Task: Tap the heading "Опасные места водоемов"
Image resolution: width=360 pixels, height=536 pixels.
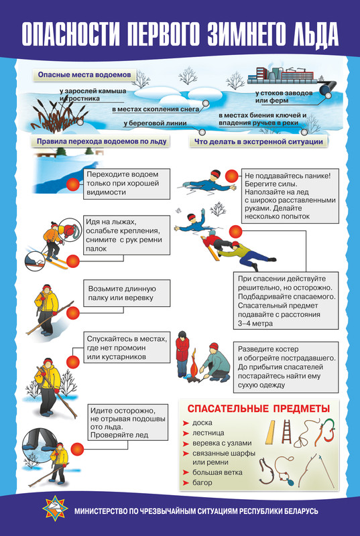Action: (x=84, y=75)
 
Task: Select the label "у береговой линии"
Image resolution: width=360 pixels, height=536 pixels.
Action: (x=156, y=123)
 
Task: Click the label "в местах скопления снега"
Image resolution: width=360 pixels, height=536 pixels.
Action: (x=156, y=109)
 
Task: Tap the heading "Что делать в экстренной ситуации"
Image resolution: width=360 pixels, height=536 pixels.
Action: (x=259, y=141)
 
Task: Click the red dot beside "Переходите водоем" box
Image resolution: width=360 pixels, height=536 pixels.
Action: (x=73, y=185)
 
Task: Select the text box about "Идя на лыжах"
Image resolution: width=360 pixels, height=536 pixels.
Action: (x=127, y=235)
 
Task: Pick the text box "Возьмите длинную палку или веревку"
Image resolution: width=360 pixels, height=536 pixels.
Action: (x=127, y=293)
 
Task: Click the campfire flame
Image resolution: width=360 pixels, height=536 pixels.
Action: (x=194, y=366)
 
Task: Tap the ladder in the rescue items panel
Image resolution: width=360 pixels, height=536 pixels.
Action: (x=286, y=431)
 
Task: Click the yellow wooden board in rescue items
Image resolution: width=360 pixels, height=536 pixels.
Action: (x=270, y=432)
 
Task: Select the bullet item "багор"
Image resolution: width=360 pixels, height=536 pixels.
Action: (x=202, y=482)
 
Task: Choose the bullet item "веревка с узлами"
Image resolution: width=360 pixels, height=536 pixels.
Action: (x=222, y=443)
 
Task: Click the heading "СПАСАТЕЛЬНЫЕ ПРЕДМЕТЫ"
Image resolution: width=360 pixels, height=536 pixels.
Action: (x=259, y=409)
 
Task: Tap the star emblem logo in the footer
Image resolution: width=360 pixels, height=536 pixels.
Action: (x=55, y=509)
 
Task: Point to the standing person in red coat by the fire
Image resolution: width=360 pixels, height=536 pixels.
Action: (x=182, y=354)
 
